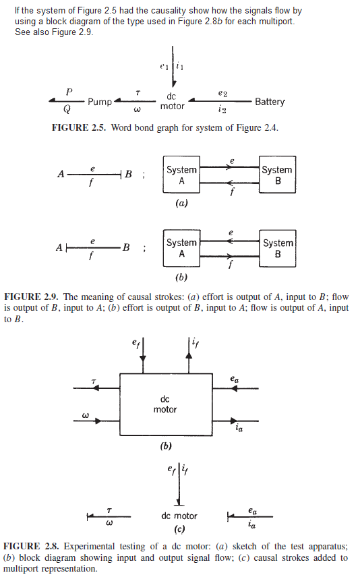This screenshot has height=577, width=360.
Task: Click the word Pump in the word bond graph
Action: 99,102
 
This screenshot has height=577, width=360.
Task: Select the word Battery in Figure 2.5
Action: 270,102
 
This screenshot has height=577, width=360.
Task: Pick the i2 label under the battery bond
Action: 223,111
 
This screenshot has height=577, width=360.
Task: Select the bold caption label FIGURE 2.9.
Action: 32,297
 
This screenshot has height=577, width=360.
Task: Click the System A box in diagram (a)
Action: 181,175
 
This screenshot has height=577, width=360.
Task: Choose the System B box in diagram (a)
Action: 277,175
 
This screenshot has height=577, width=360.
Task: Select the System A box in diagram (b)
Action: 181,248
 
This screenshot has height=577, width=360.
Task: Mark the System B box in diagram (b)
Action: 277,248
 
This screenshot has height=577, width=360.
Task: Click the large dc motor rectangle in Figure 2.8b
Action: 165,404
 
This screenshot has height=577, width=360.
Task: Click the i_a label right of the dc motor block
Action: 239,426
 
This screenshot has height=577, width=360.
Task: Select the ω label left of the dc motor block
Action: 85,416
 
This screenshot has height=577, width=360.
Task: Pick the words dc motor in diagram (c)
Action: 179,516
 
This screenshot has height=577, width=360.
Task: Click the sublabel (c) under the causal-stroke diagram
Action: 179,529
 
